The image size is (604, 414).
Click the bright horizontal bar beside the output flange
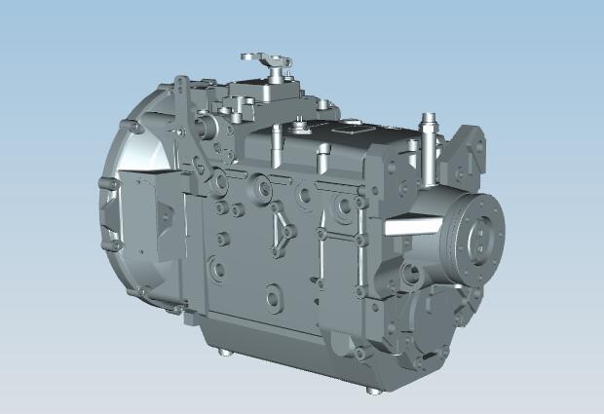[x=409, y=226]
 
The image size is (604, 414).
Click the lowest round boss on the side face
[x=273, y=292]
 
